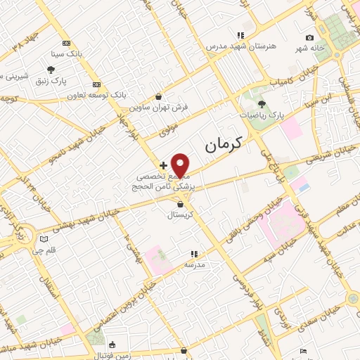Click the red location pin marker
(181, 165)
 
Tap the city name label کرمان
(223, 145)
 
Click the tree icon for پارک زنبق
(51, 69)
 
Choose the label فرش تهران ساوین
(159, 108)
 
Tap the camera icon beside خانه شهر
(310, 37)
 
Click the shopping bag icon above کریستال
(181, 204)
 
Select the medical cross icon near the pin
(164, 165)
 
